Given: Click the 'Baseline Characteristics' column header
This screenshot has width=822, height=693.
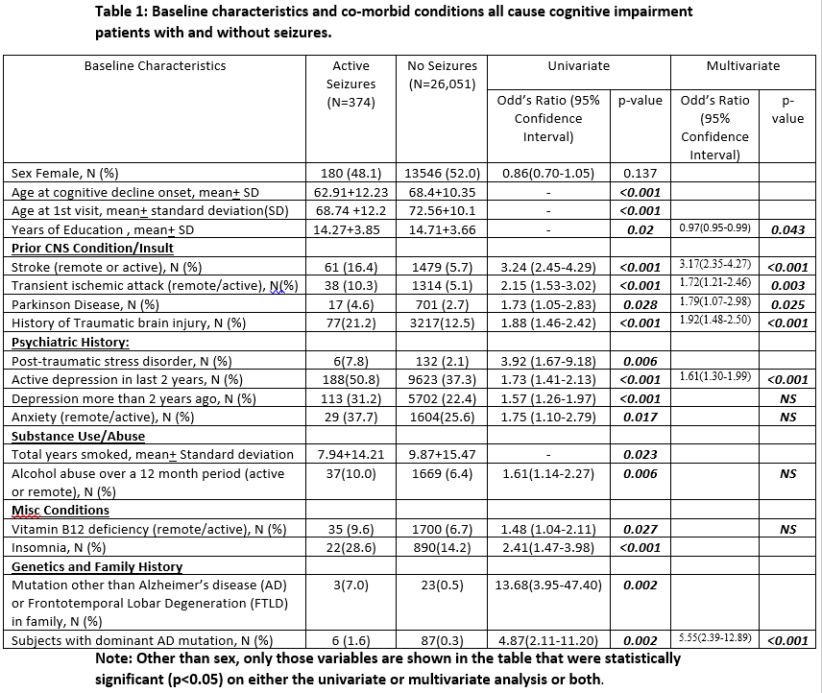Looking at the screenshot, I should coord(156,66).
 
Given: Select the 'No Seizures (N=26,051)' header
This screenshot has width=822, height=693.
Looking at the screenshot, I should coord(443,75).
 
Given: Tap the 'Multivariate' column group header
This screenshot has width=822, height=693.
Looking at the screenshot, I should coord(742,66).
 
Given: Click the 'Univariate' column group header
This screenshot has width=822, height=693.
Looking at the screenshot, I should coord(577,66).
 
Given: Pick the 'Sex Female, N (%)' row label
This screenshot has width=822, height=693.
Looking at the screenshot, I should coord(64,174).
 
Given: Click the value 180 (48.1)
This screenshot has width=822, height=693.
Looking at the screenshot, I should coord(351,174).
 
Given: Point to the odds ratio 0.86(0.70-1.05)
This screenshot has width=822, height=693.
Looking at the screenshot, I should coord(548,174).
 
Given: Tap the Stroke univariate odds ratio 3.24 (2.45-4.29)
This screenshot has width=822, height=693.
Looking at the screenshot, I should coord(548,267).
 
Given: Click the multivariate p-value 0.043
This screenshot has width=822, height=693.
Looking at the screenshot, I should coord(787,230).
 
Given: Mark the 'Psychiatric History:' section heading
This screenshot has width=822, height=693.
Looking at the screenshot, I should coord(70,342).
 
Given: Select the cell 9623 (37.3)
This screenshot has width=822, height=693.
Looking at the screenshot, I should coord(443,379).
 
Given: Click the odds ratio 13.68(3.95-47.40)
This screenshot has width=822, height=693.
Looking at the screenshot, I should coord(548,585).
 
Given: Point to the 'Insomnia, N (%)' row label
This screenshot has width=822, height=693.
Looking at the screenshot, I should coord(59,547).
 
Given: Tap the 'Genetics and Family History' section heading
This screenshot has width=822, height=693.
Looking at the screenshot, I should coord(97,566).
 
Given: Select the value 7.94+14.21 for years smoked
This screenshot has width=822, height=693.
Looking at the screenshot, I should coord(351,454).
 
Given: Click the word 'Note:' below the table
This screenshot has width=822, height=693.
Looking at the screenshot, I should coord(114,658).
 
